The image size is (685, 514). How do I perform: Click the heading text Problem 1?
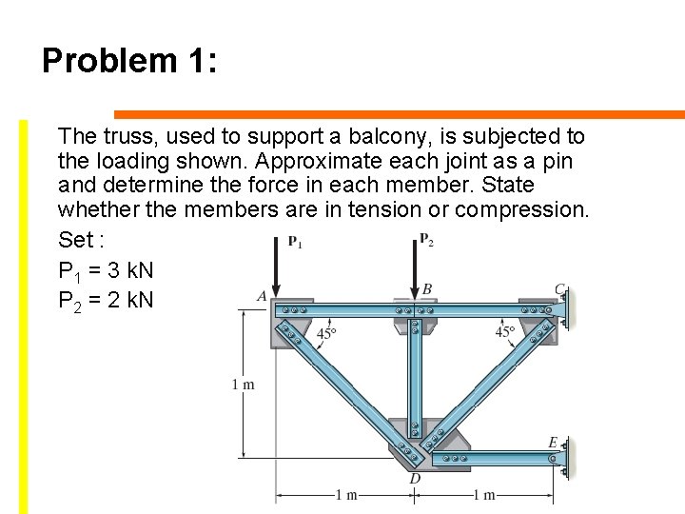pos(130,62)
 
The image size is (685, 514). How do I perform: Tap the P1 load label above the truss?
pos(295,241)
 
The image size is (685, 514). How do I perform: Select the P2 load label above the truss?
pos(426,239)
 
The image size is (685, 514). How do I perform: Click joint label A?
pos(262,296)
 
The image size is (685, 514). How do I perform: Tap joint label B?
pos(427,288)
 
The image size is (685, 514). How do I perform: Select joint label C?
pos(560,288)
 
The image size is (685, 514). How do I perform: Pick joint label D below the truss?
pos(415,478)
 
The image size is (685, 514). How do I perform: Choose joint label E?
pos(553,442)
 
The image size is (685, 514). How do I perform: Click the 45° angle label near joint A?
pos(326,333)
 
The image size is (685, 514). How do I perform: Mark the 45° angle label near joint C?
pos(505,332)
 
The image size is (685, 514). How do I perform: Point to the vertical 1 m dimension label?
pos(244,385)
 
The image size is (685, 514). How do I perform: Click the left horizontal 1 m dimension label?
pos(346,495)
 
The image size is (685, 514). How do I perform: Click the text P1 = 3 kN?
pos(106,271)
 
